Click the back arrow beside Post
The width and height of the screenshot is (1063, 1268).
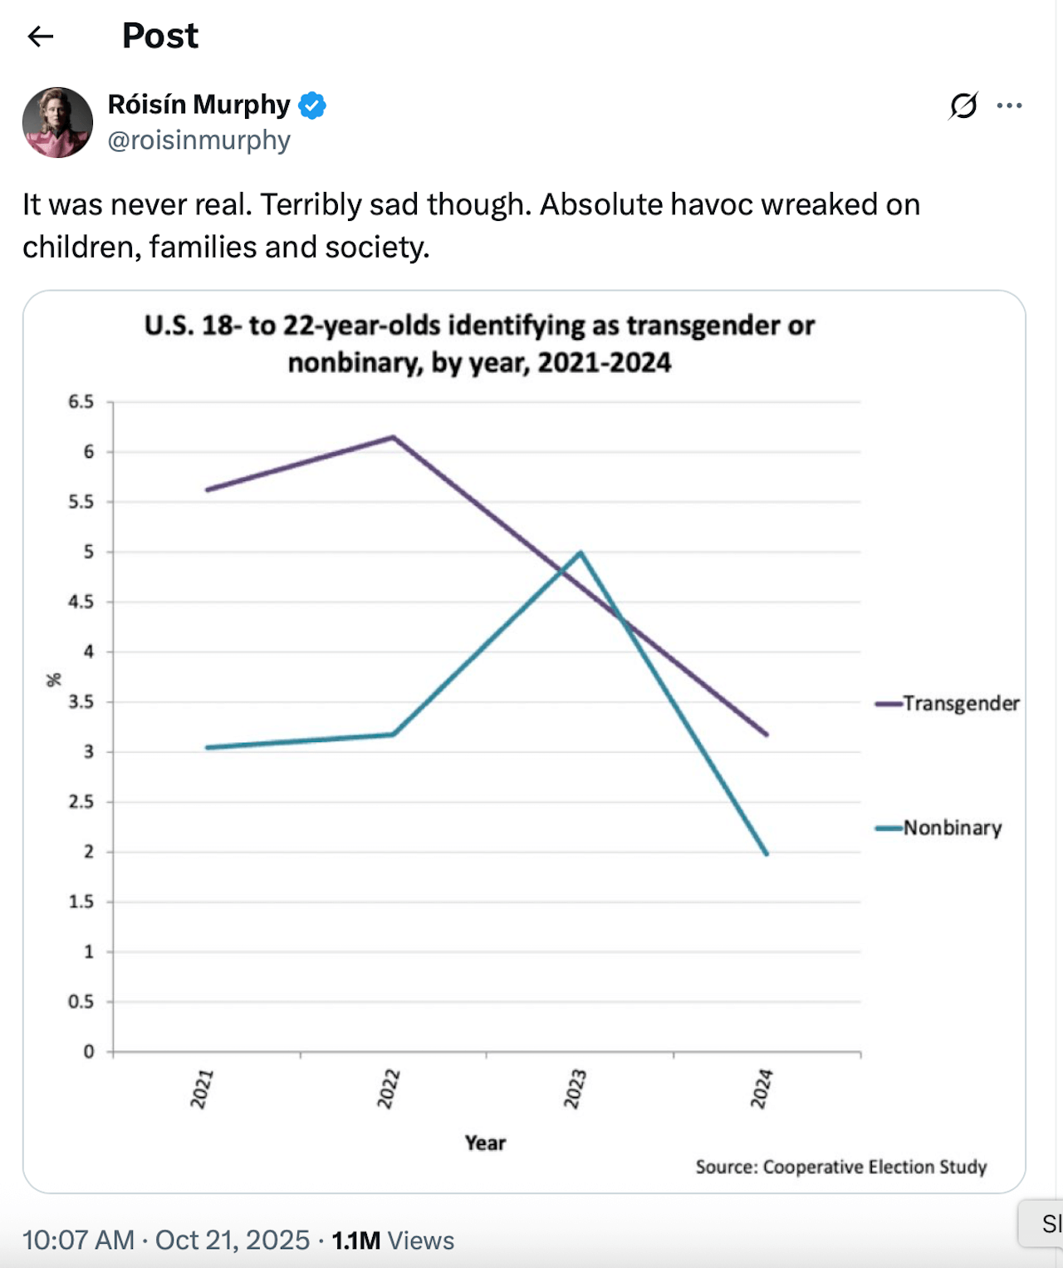click(41, 37)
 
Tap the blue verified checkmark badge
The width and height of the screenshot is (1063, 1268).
click(312, 105)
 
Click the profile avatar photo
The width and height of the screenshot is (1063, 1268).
click(57, 122)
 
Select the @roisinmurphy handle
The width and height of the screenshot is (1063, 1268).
click(199, 140)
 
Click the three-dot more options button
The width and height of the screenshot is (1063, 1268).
click(1009, 106)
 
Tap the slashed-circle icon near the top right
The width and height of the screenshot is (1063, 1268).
click(963, 106)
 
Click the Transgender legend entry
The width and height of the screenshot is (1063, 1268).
click(947, 703)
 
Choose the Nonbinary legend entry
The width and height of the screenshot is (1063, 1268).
click(938, 828)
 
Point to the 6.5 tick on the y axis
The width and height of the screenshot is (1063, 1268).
click(81, 401)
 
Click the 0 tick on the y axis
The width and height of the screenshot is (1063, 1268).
click(89, 1051)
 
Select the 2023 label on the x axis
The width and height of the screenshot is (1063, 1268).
click(575, 1089)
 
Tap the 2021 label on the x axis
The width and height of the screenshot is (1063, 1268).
click(201, 1089)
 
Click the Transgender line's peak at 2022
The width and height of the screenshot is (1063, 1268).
click(394, 436)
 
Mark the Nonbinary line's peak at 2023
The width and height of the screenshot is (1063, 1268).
click(581, 552)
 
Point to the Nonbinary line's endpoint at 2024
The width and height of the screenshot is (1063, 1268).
click(767, 854)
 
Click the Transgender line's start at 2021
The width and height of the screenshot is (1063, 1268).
click(207, 490)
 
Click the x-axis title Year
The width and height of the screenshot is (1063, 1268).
click(485, 1143)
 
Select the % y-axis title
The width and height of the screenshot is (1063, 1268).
click(54, 680)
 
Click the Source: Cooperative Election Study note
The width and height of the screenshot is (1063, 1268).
click(840, 1167)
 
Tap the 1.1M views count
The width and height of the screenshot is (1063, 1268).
click(355, 1240)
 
